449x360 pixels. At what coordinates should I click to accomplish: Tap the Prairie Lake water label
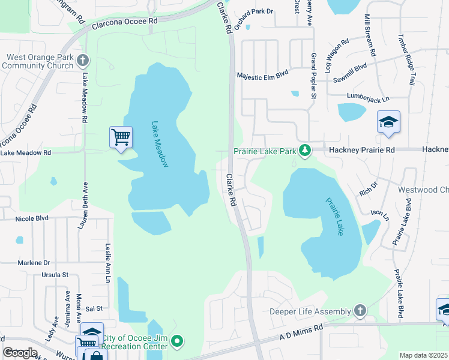pos(334,216)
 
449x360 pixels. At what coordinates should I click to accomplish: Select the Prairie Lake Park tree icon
pos(305,150)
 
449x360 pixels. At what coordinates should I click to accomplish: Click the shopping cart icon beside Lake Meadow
pos(121,137)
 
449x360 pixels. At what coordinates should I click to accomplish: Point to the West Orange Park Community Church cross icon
pos(83,61)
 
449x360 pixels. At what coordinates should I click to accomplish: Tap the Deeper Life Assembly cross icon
pos(360,310)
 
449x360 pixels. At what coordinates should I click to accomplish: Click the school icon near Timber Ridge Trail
pos(388,122)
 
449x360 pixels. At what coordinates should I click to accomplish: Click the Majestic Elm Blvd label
pos(262,75)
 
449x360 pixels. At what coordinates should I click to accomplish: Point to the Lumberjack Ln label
pos(368,96)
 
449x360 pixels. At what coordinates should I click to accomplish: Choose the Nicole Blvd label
pos(32,218)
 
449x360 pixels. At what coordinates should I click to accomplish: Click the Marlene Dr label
pos(34,262)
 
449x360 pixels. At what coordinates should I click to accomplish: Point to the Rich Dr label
pos(367,189)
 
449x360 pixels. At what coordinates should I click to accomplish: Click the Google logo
pos(20,353)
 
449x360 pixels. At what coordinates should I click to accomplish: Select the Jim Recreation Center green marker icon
pos(176,342)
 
